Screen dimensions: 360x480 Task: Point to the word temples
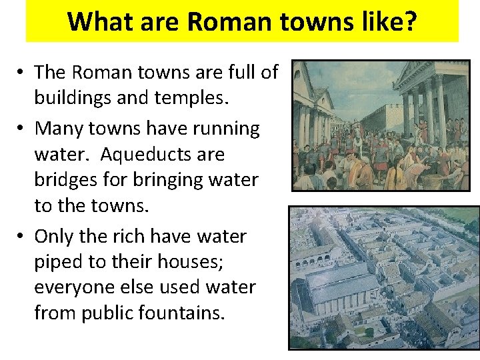point(192,98)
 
